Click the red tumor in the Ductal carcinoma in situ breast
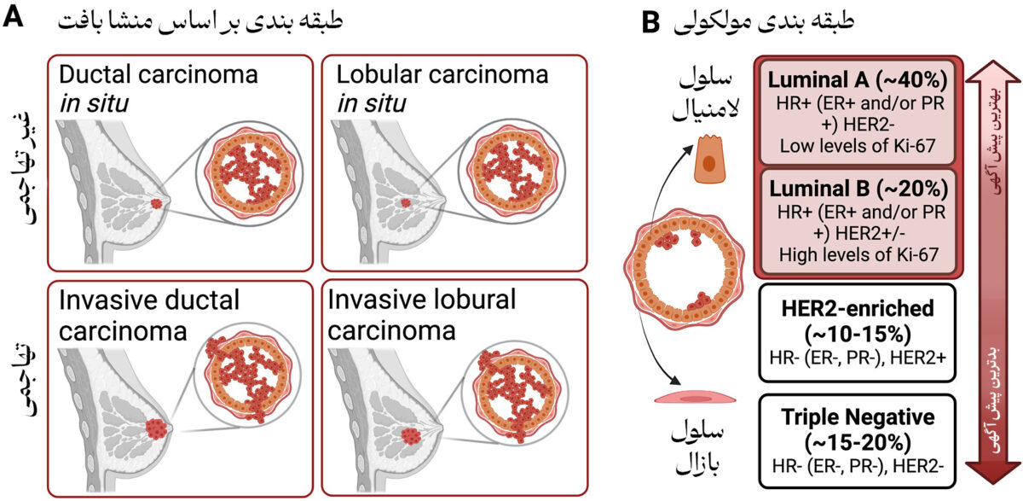coord(159,204)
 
